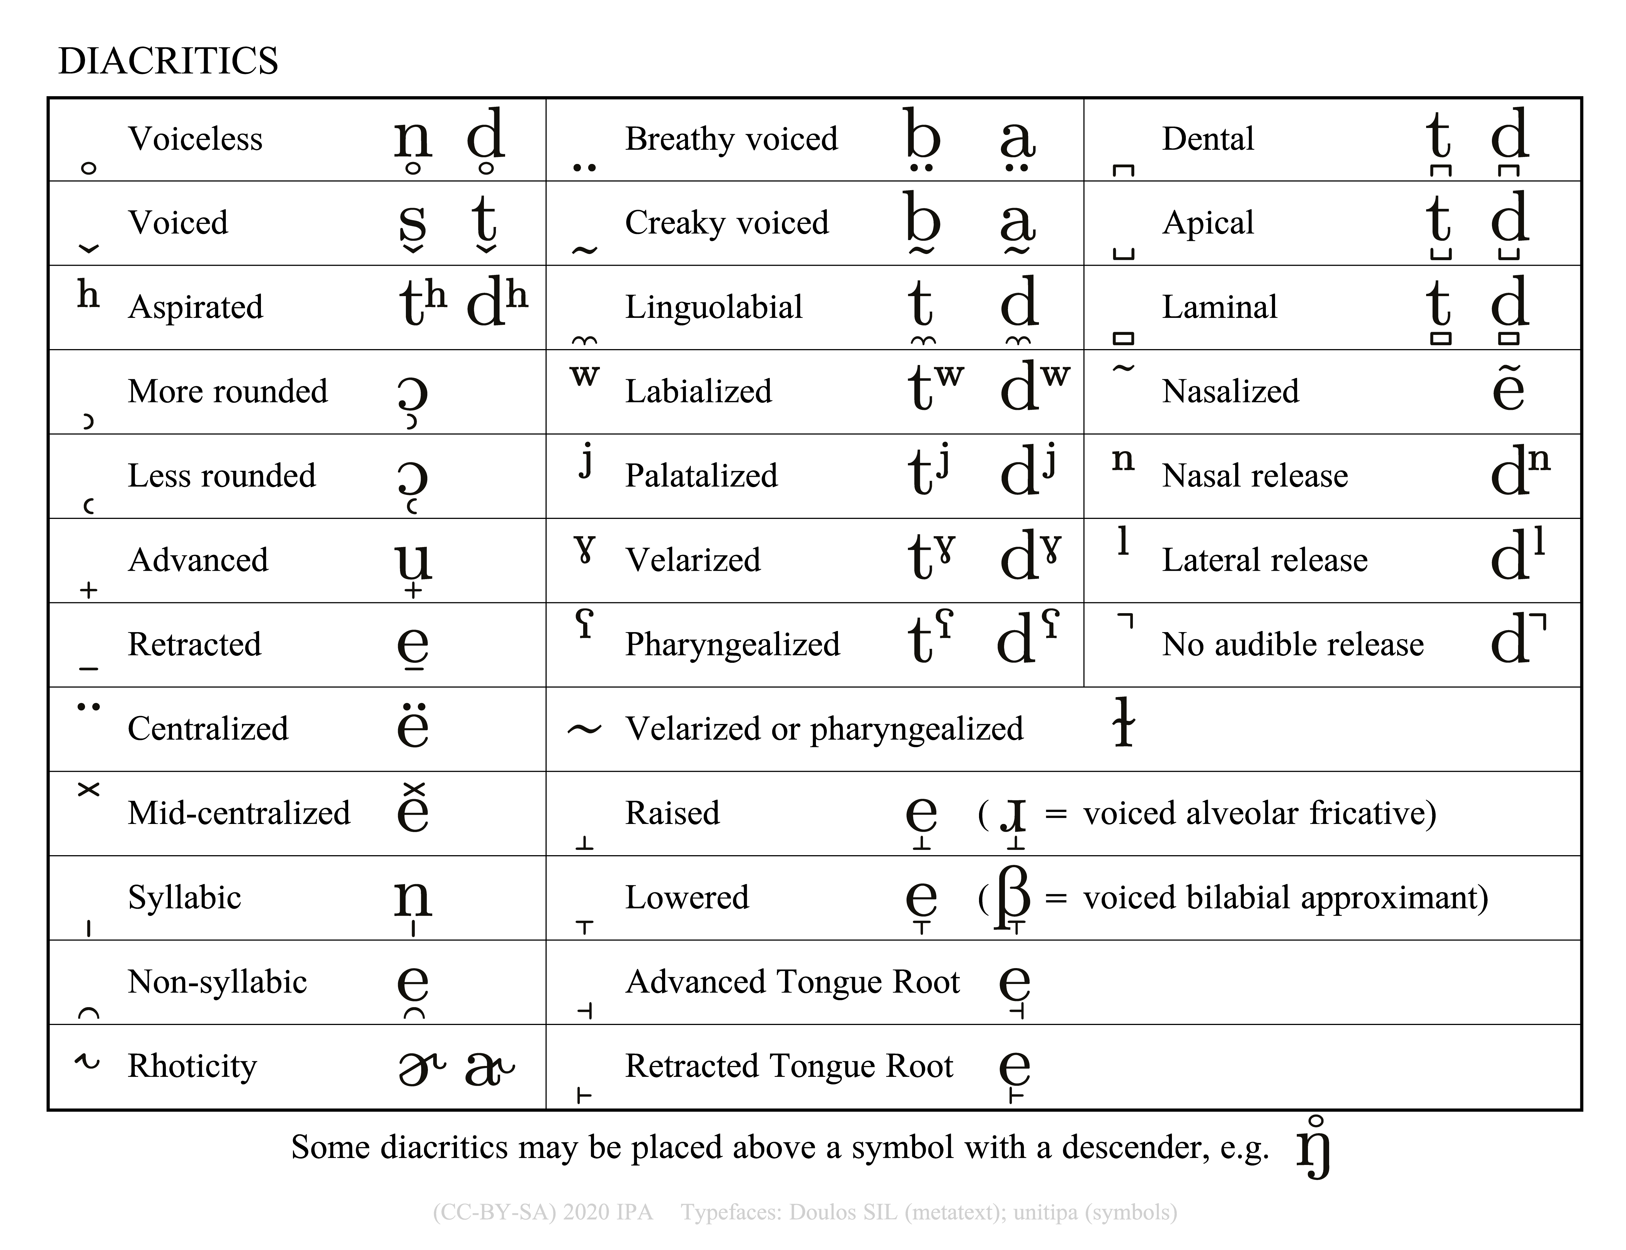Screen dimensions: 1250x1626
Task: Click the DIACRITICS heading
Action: (168, 61)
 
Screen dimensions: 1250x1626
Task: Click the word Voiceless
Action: (195, 139)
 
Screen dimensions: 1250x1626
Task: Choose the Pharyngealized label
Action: (732, 644)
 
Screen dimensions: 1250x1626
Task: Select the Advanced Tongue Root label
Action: (792, 982)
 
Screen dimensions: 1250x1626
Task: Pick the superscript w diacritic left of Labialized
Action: (585, 376)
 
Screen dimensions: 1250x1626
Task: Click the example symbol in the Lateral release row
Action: (1517, 557)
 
